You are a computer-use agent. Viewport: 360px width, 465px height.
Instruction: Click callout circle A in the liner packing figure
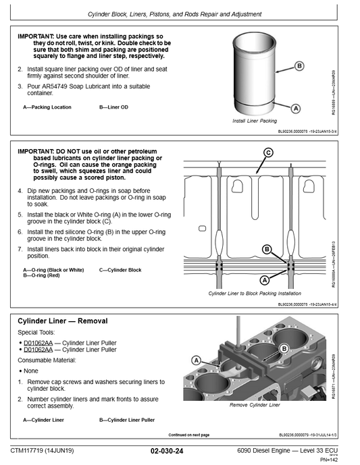coord(295,108)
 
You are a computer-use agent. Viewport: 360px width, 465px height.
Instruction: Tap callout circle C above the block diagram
coord(268,153)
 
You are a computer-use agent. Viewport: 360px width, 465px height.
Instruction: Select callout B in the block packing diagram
coord(267,250)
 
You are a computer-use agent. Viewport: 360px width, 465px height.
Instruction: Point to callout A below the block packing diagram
coord(265,279)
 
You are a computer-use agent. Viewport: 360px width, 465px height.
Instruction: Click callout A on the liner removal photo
coord(197,361)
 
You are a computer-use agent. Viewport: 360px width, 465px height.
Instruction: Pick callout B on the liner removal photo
coord(284,348)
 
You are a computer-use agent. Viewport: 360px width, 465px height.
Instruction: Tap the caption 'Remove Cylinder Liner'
coord(255,405)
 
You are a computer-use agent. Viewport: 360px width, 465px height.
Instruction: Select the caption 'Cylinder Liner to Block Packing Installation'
coord(255,294)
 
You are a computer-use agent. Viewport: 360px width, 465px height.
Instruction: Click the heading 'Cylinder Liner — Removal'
coord(62,321)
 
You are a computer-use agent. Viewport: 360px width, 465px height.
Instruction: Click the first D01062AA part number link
coord(38,343)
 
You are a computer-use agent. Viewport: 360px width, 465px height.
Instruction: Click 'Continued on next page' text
coord(188,435)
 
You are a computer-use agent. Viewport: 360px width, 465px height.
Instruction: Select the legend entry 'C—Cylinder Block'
coord(120,270)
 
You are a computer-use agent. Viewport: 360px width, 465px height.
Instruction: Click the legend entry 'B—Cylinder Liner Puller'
coord(127,420)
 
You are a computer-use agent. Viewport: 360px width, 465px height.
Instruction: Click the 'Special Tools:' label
coord(37,333)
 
